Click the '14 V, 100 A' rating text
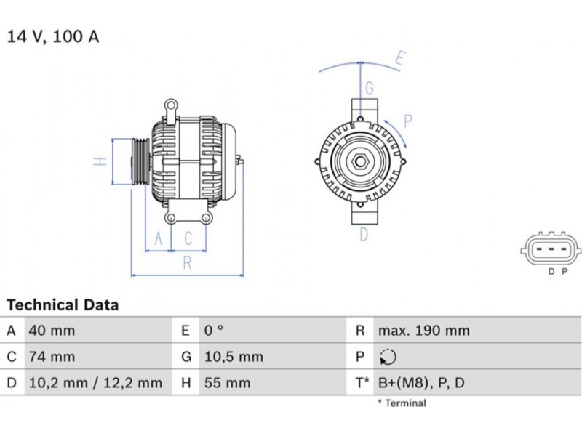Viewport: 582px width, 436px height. [x=53, y=37]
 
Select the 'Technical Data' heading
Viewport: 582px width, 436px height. [x=63, y=304]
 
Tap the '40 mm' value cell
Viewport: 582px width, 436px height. [x=52, y=331]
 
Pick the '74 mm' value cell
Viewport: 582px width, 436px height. [x=52, y=357]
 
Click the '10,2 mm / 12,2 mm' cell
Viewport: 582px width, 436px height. [x=95, y=383]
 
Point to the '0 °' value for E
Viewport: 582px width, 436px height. [x=214, y=331]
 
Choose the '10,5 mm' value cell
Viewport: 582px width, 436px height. [x=234, y=357]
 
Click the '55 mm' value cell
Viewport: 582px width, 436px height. [x=227, y=383]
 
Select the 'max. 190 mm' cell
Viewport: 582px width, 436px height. [x=424, y=331]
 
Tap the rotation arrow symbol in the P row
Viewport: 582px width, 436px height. [x=388, y=357]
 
